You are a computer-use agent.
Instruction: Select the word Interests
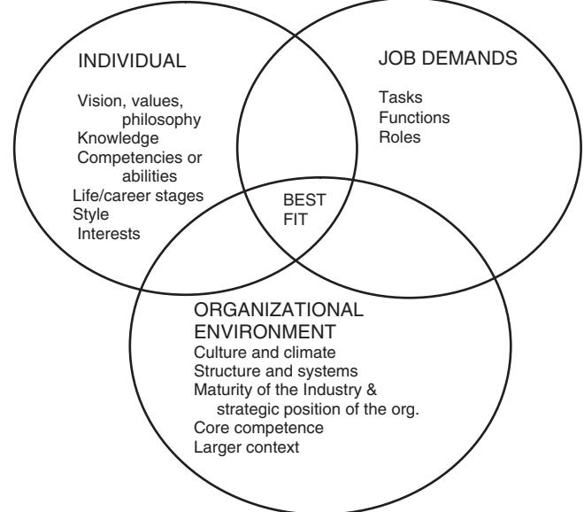[x=107, y=233]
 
